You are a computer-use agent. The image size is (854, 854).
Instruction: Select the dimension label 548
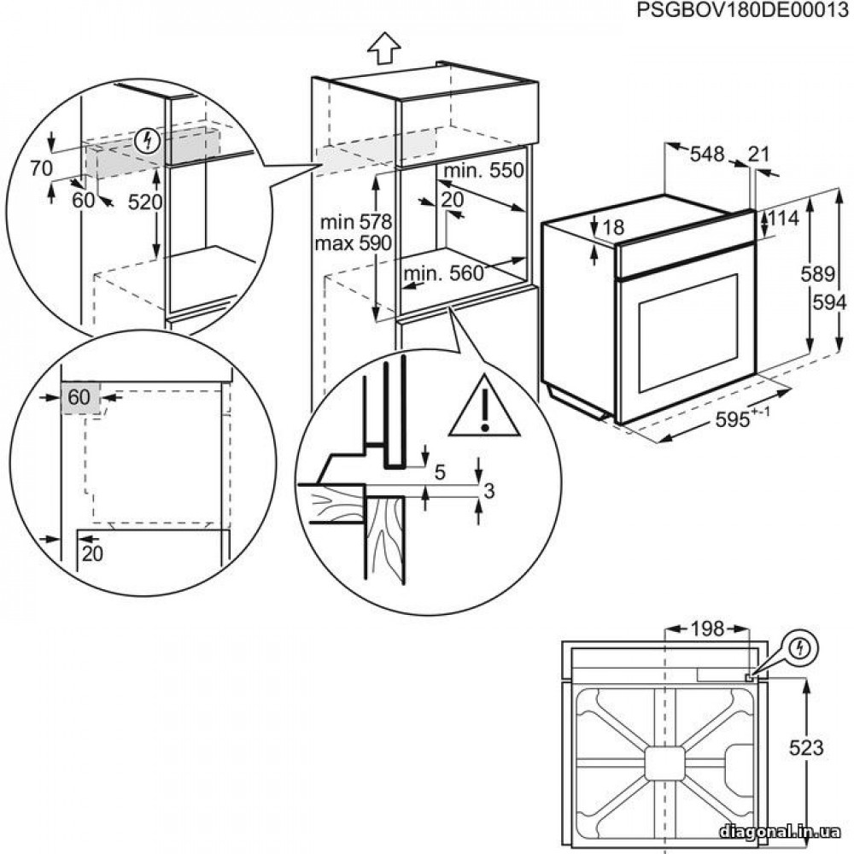(x=707, y=154)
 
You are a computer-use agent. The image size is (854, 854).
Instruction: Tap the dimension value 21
(x=758, y=154)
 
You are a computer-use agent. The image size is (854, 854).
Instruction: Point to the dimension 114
(x=783, y=219)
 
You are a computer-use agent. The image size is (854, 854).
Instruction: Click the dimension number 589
(x=817, y=274)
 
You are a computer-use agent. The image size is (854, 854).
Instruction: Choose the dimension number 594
(x=829, y=302)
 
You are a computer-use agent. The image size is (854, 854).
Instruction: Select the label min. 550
(x=483, y=171)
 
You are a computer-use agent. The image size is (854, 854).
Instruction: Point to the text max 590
(x=354, y=243)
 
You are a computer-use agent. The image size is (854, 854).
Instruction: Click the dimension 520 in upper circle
(x=145, y=202)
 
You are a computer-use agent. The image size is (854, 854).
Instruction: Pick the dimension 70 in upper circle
(x=41, y=169)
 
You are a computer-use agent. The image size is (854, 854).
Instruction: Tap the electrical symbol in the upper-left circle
(x=147, y=141)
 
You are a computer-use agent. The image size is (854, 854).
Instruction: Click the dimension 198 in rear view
(x=707, y=629)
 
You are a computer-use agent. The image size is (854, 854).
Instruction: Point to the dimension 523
(x=806, y=748)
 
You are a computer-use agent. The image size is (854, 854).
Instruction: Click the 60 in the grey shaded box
(x=79, y=397)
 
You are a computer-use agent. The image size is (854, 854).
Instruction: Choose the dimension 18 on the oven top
(x=613, y=227)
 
